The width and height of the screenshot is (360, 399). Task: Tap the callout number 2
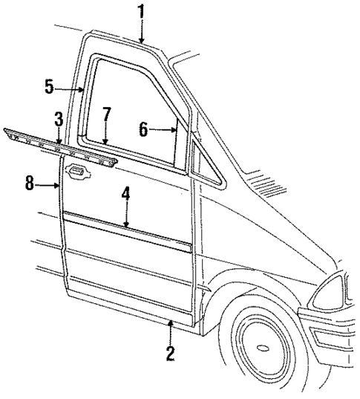[x=171, y=354]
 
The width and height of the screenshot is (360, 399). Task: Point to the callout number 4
[x=126, y=195]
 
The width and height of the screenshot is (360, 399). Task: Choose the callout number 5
[x=49, y=87]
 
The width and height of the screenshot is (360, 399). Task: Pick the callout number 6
[x=144, y=128]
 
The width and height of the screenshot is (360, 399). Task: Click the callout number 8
[x=29, y=182]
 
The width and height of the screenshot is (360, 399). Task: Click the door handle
[x=74, y=172]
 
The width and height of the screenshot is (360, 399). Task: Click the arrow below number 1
[x=140, y=30]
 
